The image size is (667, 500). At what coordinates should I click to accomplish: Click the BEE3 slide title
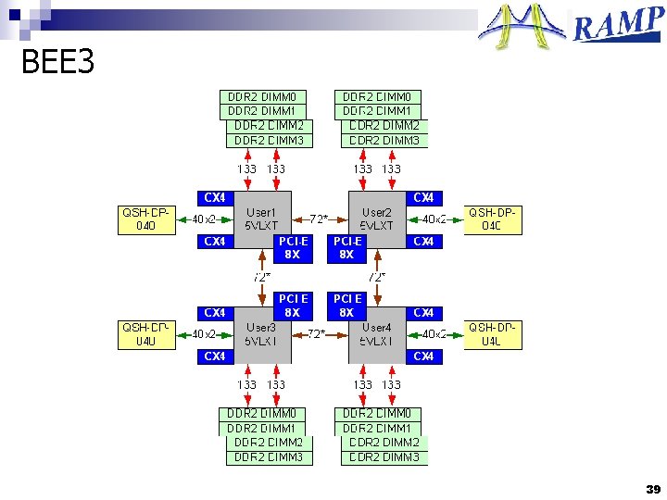[57, 63]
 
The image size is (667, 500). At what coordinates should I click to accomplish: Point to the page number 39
[653, 489]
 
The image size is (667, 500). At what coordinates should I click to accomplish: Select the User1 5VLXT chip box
[262, 219]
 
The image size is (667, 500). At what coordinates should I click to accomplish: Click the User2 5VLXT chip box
[377, 219]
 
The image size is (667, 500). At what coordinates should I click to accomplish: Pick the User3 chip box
[262, 334]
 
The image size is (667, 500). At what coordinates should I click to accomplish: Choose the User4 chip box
[377, 334]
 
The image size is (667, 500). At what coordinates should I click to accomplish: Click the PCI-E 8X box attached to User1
[292, 248]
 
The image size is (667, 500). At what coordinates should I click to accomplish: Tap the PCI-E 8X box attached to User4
[347, 306]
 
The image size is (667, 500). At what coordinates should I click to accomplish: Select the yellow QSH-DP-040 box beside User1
[145, 219]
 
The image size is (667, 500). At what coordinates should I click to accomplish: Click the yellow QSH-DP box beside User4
[493, 334]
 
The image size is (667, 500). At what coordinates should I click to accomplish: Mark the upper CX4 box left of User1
[214, 198]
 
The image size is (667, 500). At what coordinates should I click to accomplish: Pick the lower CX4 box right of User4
[423, 356]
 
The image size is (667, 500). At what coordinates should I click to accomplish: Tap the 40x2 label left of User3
[204, 334]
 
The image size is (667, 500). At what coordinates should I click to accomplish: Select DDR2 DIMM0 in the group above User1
[262, 97]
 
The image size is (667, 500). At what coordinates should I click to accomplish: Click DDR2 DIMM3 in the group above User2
[384, 141]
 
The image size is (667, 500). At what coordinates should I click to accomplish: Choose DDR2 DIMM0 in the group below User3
[262, 414]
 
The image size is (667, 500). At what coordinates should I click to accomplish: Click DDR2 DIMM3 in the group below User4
[384, 457]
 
